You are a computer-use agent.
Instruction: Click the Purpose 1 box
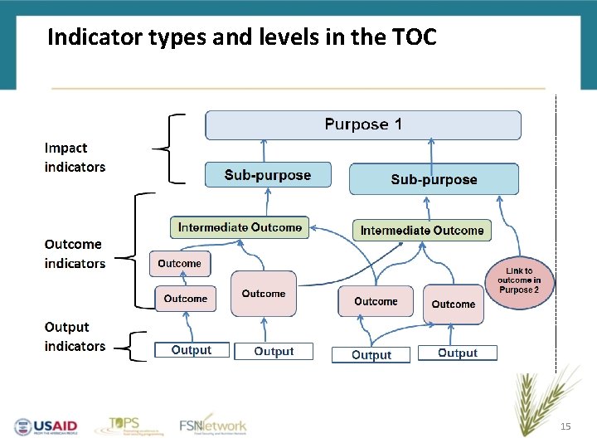tap(363, 125)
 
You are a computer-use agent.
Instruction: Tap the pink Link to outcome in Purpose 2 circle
tap(518, 280)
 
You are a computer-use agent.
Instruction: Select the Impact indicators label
tap(75, 158)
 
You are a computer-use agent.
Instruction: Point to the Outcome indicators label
tap(75, 254)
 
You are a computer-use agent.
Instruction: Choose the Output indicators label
tap(75, 337)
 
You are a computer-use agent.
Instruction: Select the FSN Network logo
tap(213, 425)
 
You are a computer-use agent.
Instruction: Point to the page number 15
tap(565, 426)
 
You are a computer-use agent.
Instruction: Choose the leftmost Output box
tap(191, 350)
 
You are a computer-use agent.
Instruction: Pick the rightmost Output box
tap(457, 353)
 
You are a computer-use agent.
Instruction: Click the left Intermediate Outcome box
tap(240, 227)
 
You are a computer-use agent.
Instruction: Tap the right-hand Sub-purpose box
tap(434, 179)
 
